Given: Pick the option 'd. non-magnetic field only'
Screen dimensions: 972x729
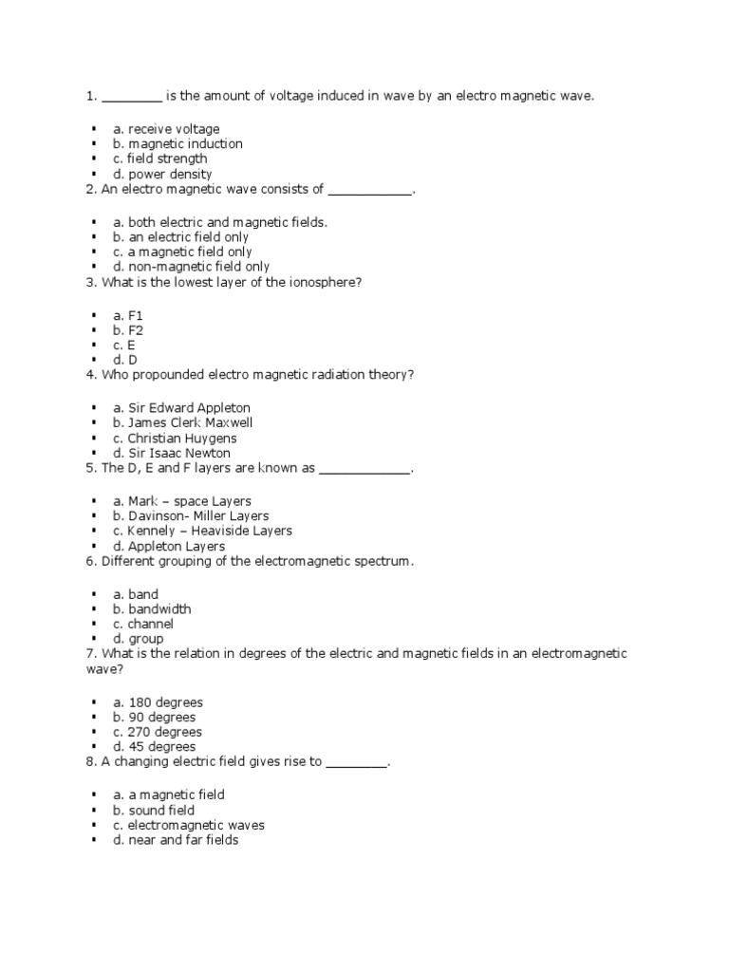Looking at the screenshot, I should (x=191, y=268).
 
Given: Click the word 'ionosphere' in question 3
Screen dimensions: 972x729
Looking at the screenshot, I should (x=324, y=283).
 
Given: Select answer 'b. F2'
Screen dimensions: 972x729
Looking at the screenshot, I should (x=128, y=329).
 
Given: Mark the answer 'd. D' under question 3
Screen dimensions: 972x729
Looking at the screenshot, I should (x=125, y=360).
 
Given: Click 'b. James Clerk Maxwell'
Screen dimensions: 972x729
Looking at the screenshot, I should (x=183, y=422).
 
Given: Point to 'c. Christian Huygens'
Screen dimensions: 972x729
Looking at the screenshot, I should (x=176, y=439).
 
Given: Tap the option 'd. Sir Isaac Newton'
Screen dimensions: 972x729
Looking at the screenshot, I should (x=172, y=454).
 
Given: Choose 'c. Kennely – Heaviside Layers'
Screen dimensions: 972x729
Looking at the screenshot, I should (x=202, y=532).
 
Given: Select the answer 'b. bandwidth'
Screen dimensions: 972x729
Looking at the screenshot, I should (x=152, y=609).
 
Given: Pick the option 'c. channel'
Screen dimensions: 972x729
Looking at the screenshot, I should (x=144, y=625).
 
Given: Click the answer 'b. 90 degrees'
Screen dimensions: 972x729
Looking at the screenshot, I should (x=155, y=718).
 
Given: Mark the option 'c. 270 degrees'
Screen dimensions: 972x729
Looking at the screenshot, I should (x=158, y=733).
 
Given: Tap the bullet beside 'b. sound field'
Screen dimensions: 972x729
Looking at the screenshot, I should (x=95, y=811).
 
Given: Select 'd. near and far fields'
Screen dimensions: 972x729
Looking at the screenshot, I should (x=176, y=841).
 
